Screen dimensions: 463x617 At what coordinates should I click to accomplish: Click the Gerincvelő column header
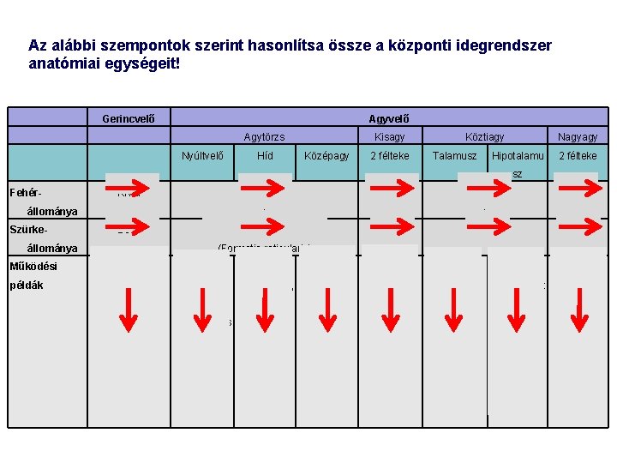pos(134,118)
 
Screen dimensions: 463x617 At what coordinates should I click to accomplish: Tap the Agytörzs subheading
pos(264,136)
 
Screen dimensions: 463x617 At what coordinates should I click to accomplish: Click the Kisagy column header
pos(389,136)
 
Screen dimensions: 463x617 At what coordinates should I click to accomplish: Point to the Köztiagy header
pos(484,136)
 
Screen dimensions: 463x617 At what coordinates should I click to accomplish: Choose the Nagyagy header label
pos(578,136)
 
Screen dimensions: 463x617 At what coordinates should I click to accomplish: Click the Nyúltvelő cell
pos(203,155)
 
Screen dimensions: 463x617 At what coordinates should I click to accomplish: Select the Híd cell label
pos(265,155)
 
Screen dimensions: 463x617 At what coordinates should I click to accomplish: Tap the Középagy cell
pos(326,155)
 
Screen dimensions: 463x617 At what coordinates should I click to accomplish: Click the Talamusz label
pos(454,155)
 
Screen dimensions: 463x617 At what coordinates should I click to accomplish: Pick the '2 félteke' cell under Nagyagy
pos(578,155)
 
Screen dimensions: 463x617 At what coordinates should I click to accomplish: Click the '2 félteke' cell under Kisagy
pos(389,155)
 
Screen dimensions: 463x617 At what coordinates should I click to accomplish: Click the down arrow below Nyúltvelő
pos(203,310)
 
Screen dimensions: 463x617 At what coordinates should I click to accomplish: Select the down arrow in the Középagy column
pos(326,310)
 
